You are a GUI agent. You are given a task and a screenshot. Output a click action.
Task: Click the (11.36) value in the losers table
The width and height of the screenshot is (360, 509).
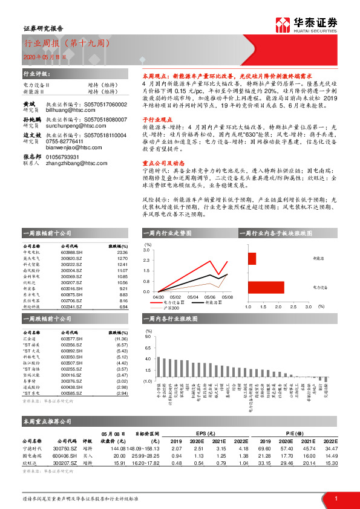[x=121, y=339]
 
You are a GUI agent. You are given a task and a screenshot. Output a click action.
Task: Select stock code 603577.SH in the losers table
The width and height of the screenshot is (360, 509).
[x=71, y=339]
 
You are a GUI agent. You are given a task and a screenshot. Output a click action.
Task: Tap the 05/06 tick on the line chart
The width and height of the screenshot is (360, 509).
[x=210, y=296]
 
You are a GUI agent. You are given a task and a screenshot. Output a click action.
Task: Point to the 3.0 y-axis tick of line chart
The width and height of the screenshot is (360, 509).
[x=146, y=250]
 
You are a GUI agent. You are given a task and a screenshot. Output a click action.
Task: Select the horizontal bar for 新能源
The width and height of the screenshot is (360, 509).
[x=252, y=258]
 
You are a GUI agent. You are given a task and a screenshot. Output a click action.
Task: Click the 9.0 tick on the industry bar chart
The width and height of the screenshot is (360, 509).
[x=148, y=336]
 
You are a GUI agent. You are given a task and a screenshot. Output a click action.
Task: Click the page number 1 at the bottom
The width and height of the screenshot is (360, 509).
[x=335, y=498]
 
